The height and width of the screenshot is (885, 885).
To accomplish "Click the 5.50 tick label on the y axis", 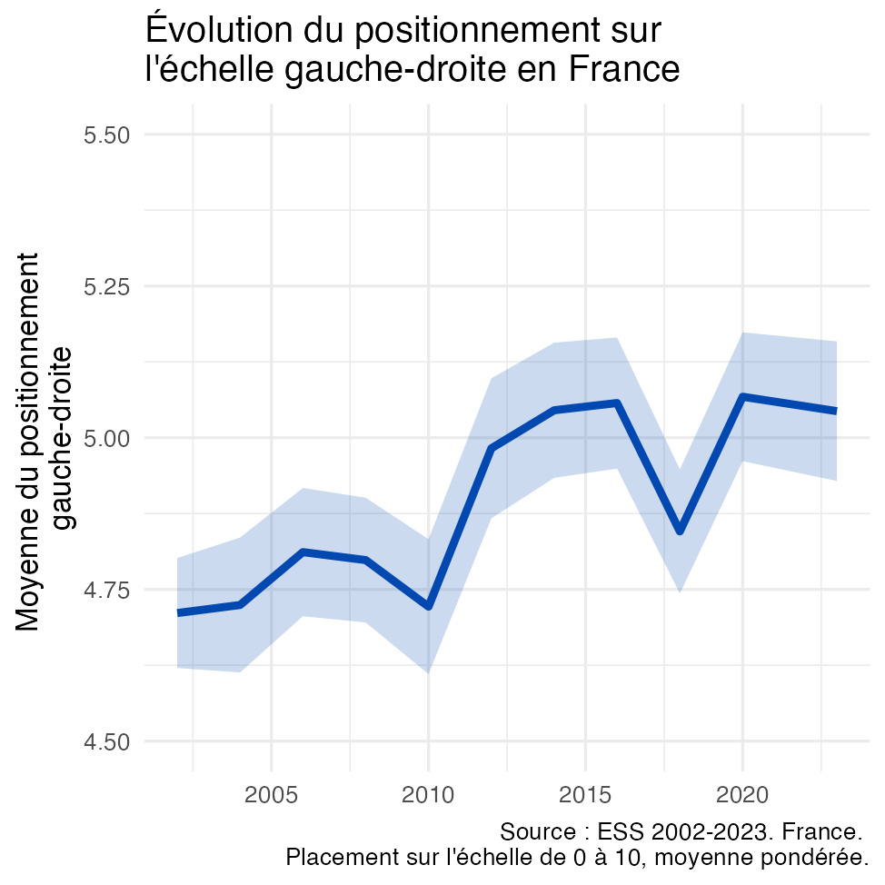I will (106, 135).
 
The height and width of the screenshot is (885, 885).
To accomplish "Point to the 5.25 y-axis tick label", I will (106, 286).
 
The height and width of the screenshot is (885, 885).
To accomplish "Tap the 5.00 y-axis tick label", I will (106, 438).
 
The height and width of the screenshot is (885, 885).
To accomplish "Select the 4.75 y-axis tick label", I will (106, 590).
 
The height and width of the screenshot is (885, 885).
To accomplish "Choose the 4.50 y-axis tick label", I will (106, 741).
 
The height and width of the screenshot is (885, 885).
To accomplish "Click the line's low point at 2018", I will (680, 532).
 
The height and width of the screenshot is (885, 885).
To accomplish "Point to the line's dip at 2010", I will (428, 606).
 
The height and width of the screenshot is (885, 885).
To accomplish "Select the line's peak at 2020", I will (742, 396).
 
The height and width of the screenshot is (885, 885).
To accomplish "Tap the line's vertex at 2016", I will (617, 403).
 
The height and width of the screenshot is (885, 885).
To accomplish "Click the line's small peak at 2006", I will (303, 552).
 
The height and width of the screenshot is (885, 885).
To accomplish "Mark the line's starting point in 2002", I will (178, 612).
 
